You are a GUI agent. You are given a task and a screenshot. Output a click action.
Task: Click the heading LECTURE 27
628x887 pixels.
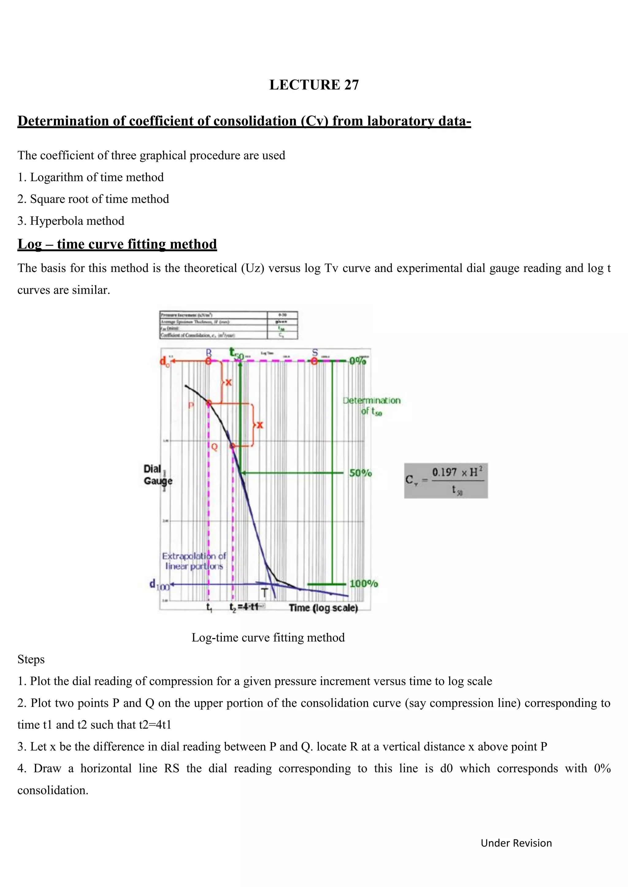(x=314, y=85)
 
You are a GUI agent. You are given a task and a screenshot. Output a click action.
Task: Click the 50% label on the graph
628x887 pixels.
(x=360, y=473)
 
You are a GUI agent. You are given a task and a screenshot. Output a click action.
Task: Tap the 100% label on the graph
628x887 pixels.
(x=363, y=583)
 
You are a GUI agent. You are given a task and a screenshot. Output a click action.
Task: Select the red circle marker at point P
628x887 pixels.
(x=209, y=403)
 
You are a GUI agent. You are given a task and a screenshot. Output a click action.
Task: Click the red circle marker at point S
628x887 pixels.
(x=314, y=361)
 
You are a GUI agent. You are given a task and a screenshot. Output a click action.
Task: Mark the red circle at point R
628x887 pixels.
(x=209, y=361)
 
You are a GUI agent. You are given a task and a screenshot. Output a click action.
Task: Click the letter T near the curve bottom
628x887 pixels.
(x=265, y=593)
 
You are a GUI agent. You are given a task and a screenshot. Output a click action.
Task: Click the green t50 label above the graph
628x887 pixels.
(x=237, y=353)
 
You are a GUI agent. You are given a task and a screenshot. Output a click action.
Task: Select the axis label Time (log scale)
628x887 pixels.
(x=323, y=608)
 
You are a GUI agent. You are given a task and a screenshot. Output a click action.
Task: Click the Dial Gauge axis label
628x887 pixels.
(x=158, y=475)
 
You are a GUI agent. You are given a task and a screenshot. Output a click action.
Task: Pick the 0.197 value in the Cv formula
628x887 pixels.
(x=444, y=472)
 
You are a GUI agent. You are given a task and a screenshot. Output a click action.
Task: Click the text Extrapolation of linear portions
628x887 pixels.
(x=194, y=561)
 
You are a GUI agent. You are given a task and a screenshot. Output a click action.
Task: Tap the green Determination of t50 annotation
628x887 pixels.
(x=372, y=406)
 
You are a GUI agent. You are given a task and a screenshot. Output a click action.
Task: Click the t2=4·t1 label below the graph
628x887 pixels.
(x=244, y=607)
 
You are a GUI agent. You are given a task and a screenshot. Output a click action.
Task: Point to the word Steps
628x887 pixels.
(x=31, y=659)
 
